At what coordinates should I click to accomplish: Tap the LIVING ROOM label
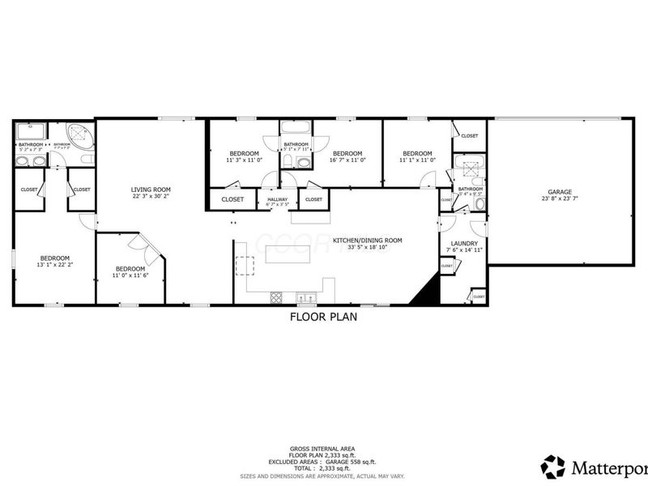coord(151,190)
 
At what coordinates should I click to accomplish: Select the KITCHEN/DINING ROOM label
coord(367,241)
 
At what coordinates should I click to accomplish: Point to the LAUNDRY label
coord(464,243)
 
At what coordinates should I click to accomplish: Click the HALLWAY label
coord(278,199)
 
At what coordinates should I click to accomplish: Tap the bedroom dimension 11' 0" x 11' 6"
coord(130,275)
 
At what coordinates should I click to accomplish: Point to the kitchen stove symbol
coord(275,296)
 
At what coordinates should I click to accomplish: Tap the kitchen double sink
coord(305,296)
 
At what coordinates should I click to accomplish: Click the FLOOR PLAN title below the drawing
coord(323,318)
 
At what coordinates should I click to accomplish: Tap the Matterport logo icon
coord(553,467)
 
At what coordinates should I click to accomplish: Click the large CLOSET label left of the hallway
coord(232,198)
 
